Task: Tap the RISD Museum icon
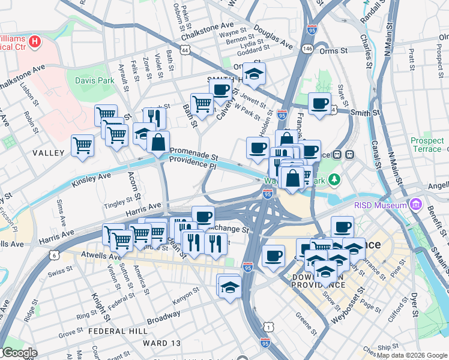(415, 205)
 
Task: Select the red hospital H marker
(35, 42)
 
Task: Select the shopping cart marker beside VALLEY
(82, 145)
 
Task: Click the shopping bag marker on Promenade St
(158, 142)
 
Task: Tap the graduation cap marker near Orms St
(255, 73)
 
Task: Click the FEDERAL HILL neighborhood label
(113, 331)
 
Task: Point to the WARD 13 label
(161, 343)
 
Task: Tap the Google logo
(19, 353)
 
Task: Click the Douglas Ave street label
(273, 37)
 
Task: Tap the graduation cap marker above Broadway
(229, 286)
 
